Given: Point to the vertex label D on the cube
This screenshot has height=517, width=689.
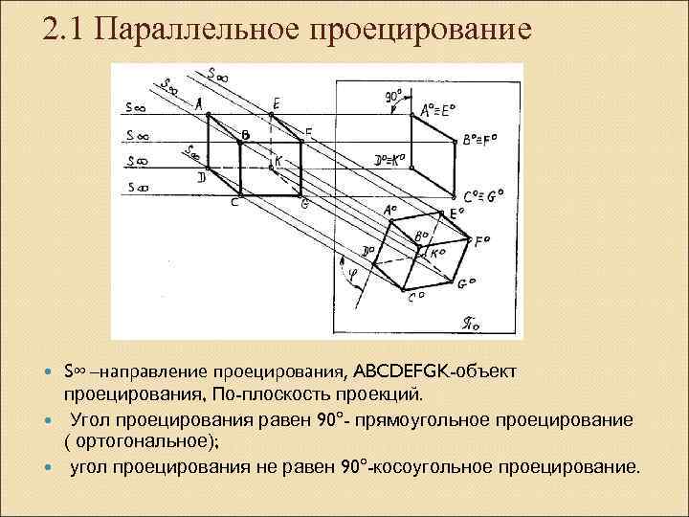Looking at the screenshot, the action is click(201, 178).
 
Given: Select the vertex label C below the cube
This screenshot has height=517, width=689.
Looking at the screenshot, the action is click(234, 202).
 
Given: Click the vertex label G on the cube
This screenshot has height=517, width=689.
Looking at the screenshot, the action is click(304, 204).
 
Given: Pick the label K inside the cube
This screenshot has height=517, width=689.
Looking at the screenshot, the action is click(278, 162).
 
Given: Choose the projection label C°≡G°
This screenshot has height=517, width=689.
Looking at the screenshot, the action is click(482, 197).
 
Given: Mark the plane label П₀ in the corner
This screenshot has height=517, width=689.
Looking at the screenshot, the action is click(497, 326).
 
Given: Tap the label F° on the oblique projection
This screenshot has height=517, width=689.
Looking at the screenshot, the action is click(481, 241).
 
